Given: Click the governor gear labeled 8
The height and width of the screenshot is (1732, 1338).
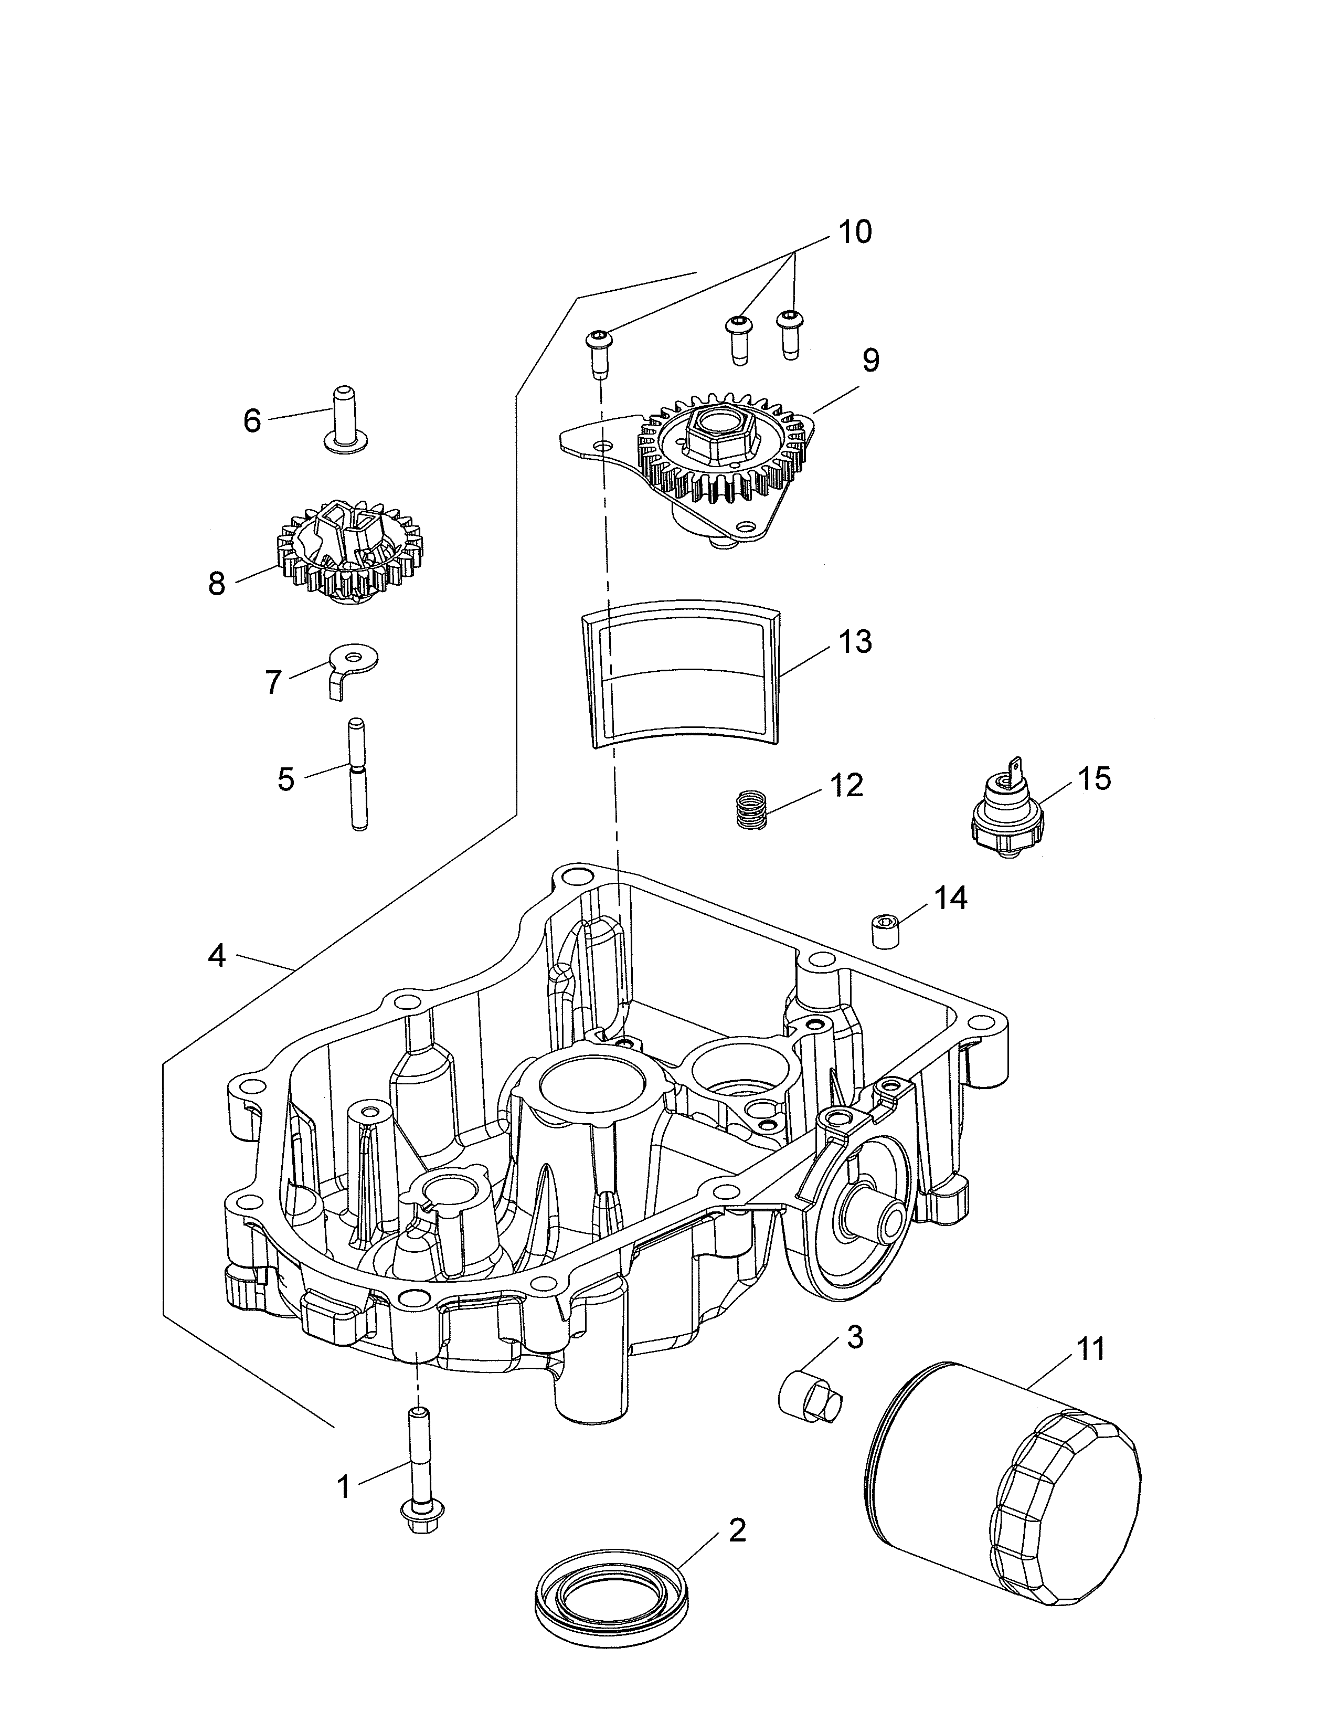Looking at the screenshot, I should pyautogui.click(x=349, y=551).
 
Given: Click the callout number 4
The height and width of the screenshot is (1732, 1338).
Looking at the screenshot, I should pyautogui.click(x=216, y=956).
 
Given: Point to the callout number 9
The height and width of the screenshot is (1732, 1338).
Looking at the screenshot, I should pyautogui.click(x=870, y=361).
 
